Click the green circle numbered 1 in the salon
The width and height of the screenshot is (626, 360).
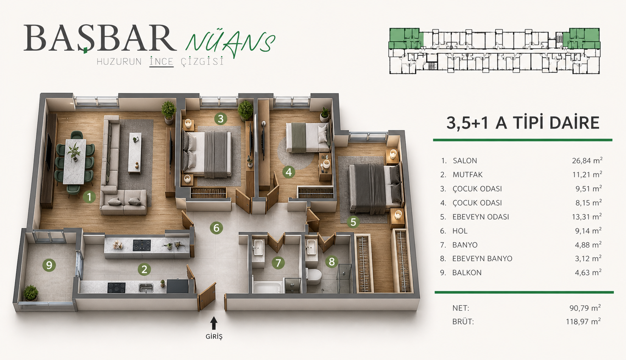[x=89, y=197]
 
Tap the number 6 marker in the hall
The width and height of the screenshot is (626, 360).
[x=216, y=228]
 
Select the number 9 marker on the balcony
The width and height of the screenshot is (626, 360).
[x=49, y=265]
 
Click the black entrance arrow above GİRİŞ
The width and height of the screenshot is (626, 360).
[x=214, y=323]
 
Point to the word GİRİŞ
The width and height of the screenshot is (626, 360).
[x=214, y=337]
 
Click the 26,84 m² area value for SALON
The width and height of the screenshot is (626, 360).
[x=587, y=161]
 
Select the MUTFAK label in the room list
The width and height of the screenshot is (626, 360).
[x=467, y=175]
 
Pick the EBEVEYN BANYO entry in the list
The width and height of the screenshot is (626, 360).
[x=482, y=259]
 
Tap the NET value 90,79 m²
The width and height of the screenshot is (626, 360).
[x=585, y=308]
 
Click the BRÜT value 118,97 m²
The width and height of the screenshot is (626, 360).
[x=583, y=321]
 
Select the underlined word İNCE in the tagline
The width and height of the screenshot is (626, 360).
[x=162, y=61]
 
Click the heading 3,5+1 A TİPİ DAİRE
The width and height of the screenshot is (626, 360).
[x=523, y=123]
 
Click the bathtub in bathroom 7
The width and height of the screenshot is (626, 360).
[x=267, y=287]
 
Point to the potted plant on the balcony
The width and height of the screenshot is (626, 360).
[x=30, y=293]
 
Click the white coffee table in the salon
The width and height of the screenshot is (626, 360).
[x=135, y=153]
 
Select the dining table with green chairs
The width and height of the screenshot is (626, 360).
[x=75, y=162]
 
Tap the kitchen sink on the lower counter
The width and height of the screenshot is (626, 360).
[x=146, y=288]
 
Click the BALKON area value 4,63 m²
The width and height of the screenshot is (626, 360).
[x=588, y=272]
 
